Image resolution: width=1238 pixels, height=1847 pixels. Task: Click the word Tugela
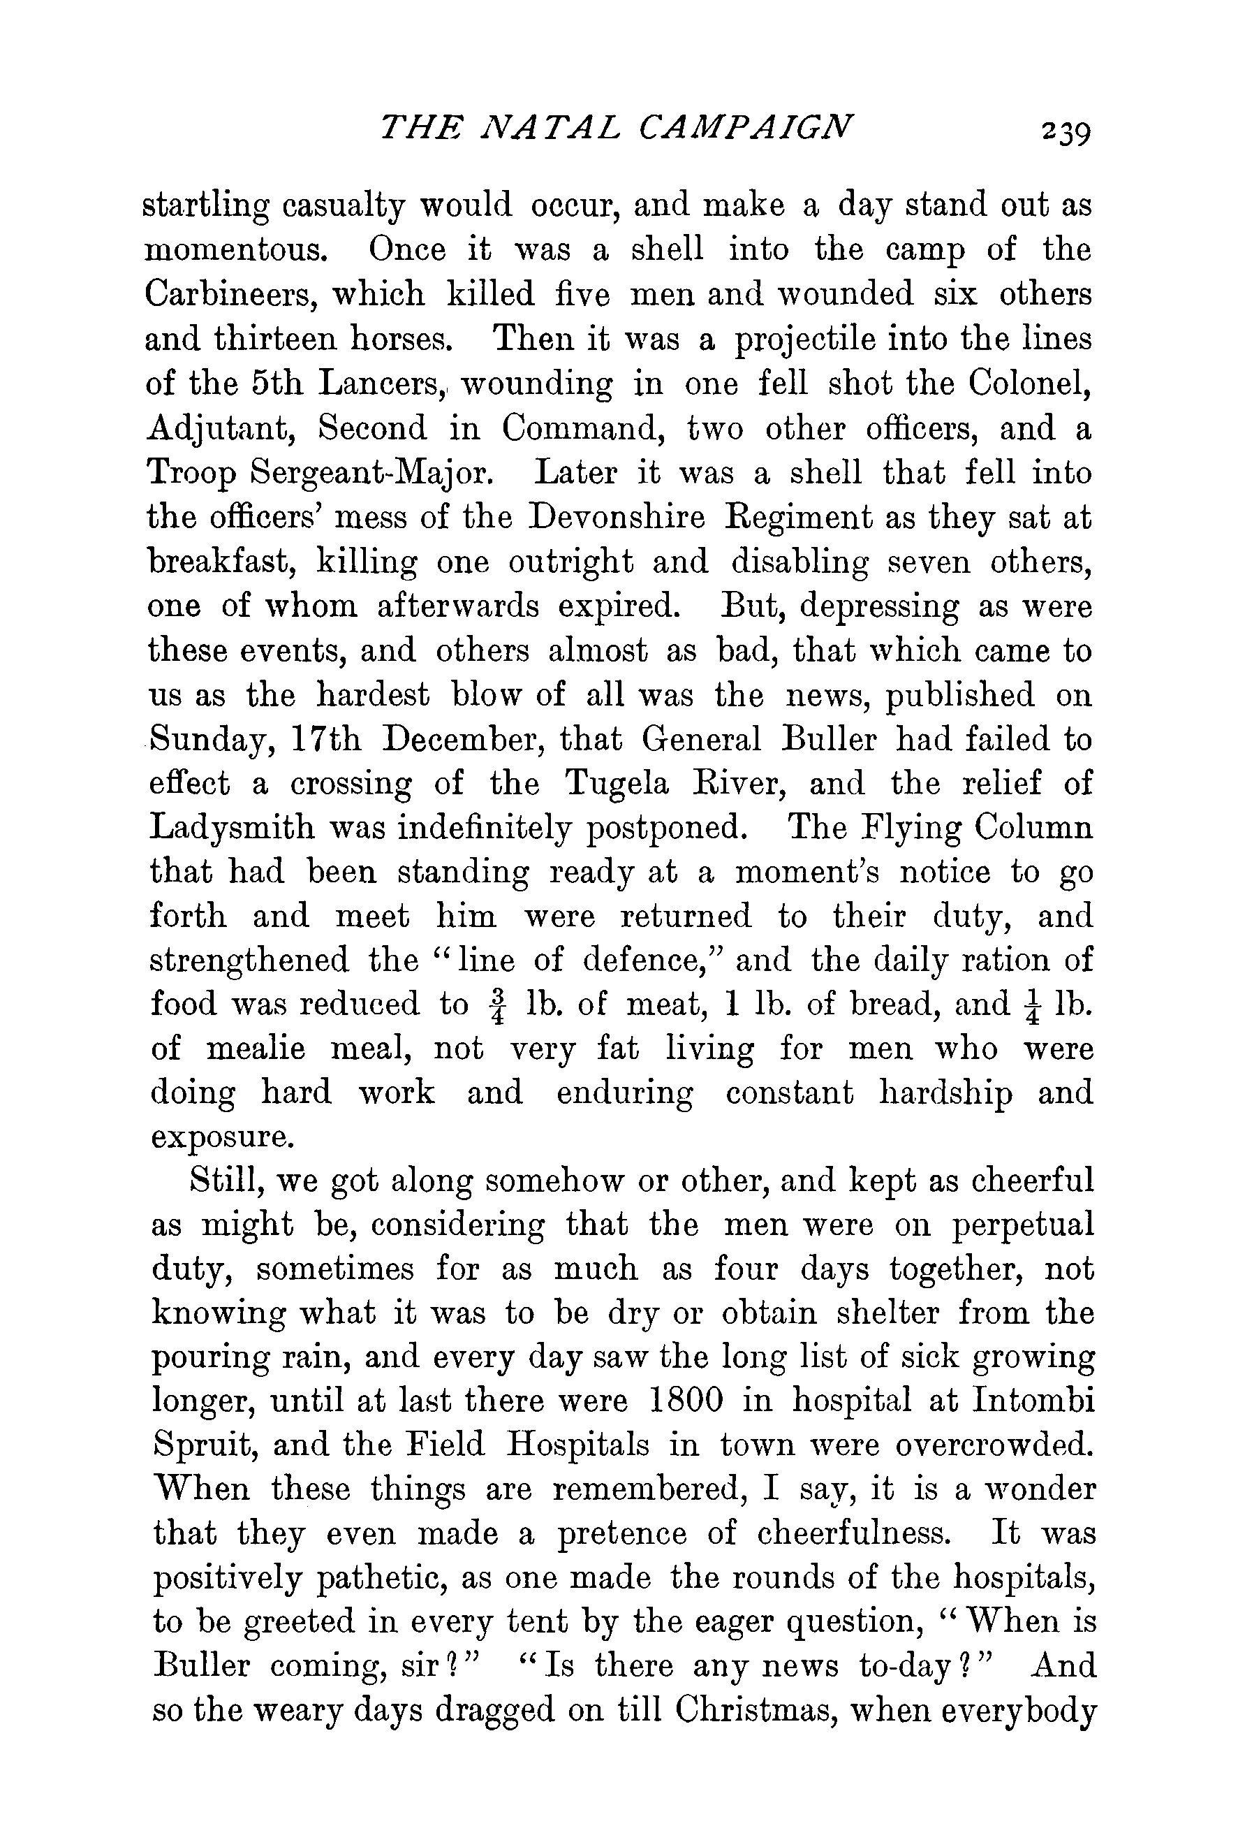(626, 784)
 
